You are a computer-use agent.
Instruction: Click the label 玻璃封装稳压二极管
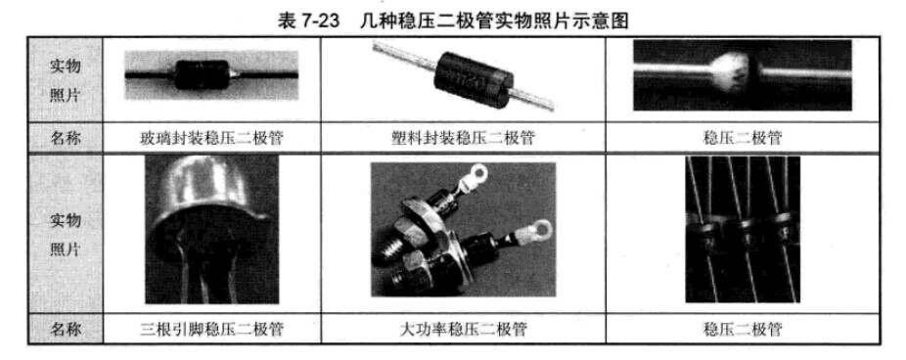point(211,138)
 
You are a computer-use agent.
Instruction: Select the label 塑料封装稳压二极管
point(463,138)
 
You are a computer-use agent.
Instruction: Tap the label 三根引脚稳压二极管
point(211,330)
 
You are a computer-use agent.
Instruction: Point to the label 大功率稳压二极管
point(463,330)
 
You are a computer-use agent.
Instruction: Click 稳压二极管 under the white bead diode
point(743,138)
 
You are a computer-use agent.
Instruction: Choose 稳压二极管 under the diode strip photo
point(743,330)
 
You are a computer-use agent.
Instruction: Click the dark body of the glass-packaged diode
point(203,74)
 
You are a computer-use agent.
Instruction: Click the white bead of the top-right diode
point(732,73)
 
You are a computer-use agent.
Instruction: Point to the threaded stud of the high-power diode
point(387,250)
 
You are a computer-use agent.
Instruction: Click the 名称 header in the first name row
point(66,138)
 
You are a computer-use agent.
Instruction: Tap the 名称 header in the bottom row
point(66,330)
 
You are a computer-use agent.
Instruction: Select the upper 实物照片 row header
point(66,80)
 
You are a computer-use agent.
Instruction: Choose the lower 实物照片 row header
point(66,235)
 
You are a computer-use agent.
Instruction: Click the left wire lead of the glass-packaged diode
point(150,75)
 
